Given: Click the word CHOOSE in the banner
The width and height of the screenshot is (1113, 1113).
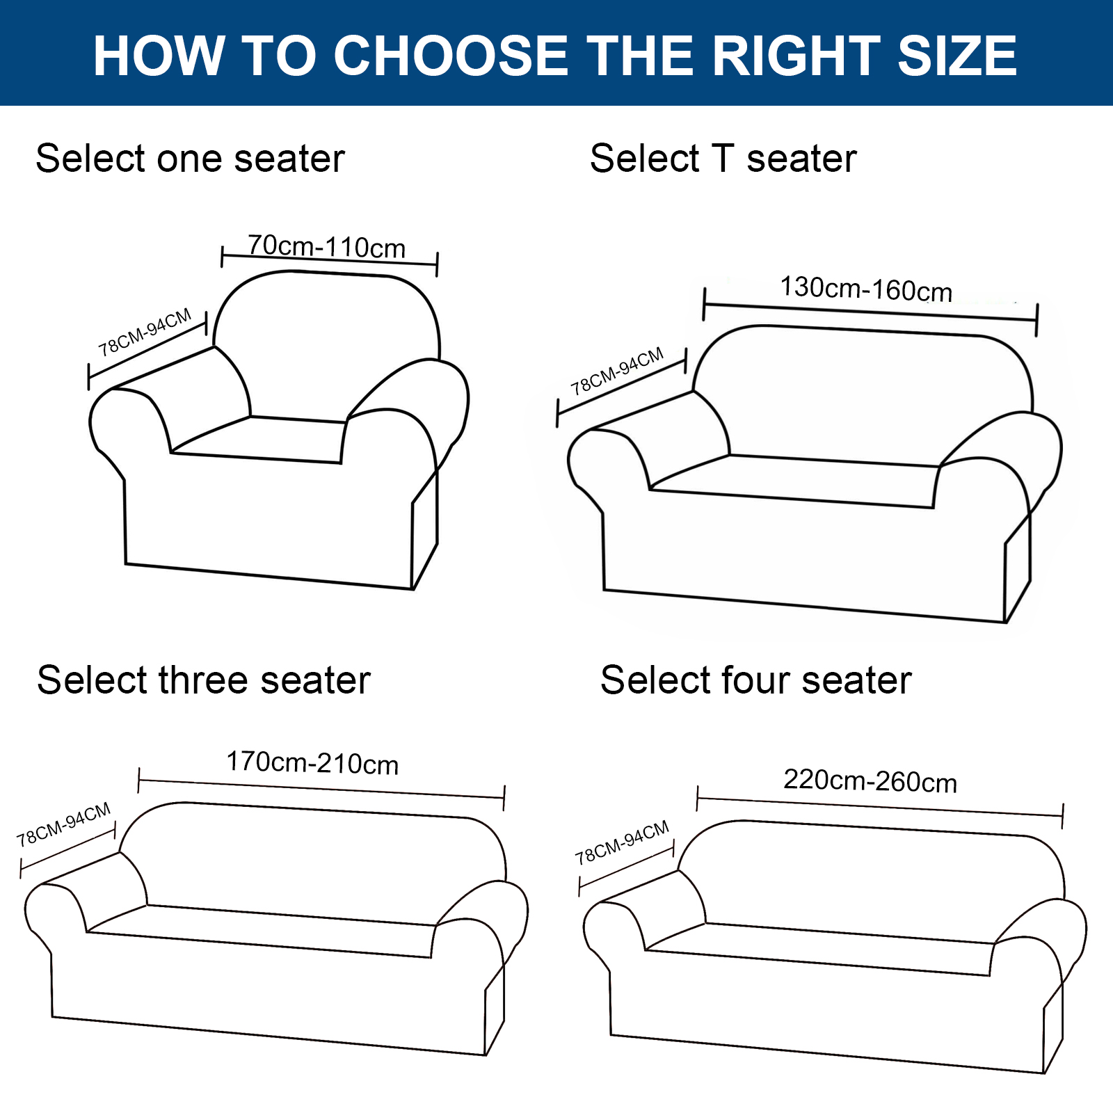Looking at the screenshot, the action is click(x=451, y=56).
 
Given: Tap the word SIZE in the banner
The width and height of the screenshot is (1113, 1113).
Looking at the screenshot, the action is click(x=957, y=56).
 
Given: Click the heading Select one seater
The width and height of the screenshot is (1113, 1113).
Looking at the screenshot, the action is click(x=190, y=159).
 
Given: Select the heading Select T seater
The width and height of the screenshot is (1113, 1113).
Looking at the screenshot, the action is click(x=723, y=159).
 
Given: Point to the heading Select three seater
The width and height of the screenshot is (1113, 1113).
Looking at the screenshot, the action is click(x=204, y=680).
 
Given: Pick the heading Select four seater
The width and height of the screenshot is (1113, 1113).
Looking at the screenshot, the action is click(x=756, y=680).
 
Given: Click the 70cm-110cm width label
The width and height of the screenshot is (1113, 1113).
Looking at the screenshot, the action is click(x=326, y=246).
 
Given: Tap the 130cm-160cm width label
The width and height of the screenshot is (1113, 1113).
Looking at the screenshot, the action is click(x=866, y=289).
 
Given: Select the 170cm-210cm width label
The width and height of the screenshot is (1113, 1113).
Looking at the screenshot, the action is click(x=312, y=763).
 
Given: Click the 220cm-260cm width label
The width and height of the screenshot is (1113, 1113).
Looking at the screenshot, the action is click(x=870, y=780).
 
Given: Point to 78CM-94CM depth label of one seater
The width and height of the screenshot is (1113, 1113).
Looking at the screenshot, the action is click(x=145, y=333).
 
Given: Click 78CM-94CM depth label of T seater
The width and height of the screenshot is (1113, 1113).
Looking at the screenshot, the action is click(x=617, y=371).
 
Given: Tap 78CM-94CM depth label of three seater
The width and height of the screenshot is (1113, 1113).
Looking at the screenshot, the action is click(x=64, y=825).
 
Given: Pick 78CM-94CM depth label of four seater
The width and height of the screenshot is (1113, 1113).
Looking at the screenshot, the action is click(x=623, y=843).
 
